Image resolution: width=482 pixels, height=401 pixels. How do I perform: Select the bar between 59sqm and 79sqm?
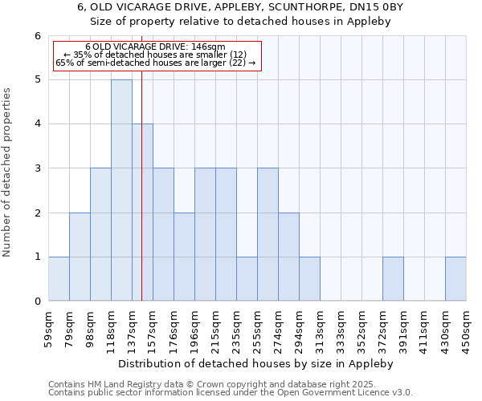pos(59,278)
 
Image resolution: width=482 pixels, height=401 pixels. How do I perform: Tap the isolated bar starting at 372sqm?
pos(393,278)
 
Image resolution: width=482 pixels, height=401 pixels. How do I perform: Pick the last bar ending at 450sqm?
pos(455,278)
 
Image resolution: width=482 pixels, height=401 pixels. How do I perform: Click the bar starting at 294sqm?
pos(309,278)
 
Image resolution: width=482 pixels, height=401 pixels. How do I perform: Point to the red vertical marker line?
pos(141,200)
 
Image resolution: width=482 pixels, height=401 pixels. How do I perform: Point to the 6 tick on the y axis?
pos(37,36)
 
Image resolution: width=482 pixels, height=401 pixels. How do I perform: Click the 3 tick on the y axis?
pos(37,168)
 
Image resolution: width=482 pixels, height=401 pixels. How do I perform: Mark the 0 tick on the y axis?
pos(37,301)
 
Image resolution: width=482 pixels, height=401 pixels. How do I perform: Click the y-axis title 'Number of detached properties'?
pos(7,172)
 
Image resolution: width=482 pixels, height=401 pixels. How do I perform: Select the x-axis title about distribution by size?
pos(257,363)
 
